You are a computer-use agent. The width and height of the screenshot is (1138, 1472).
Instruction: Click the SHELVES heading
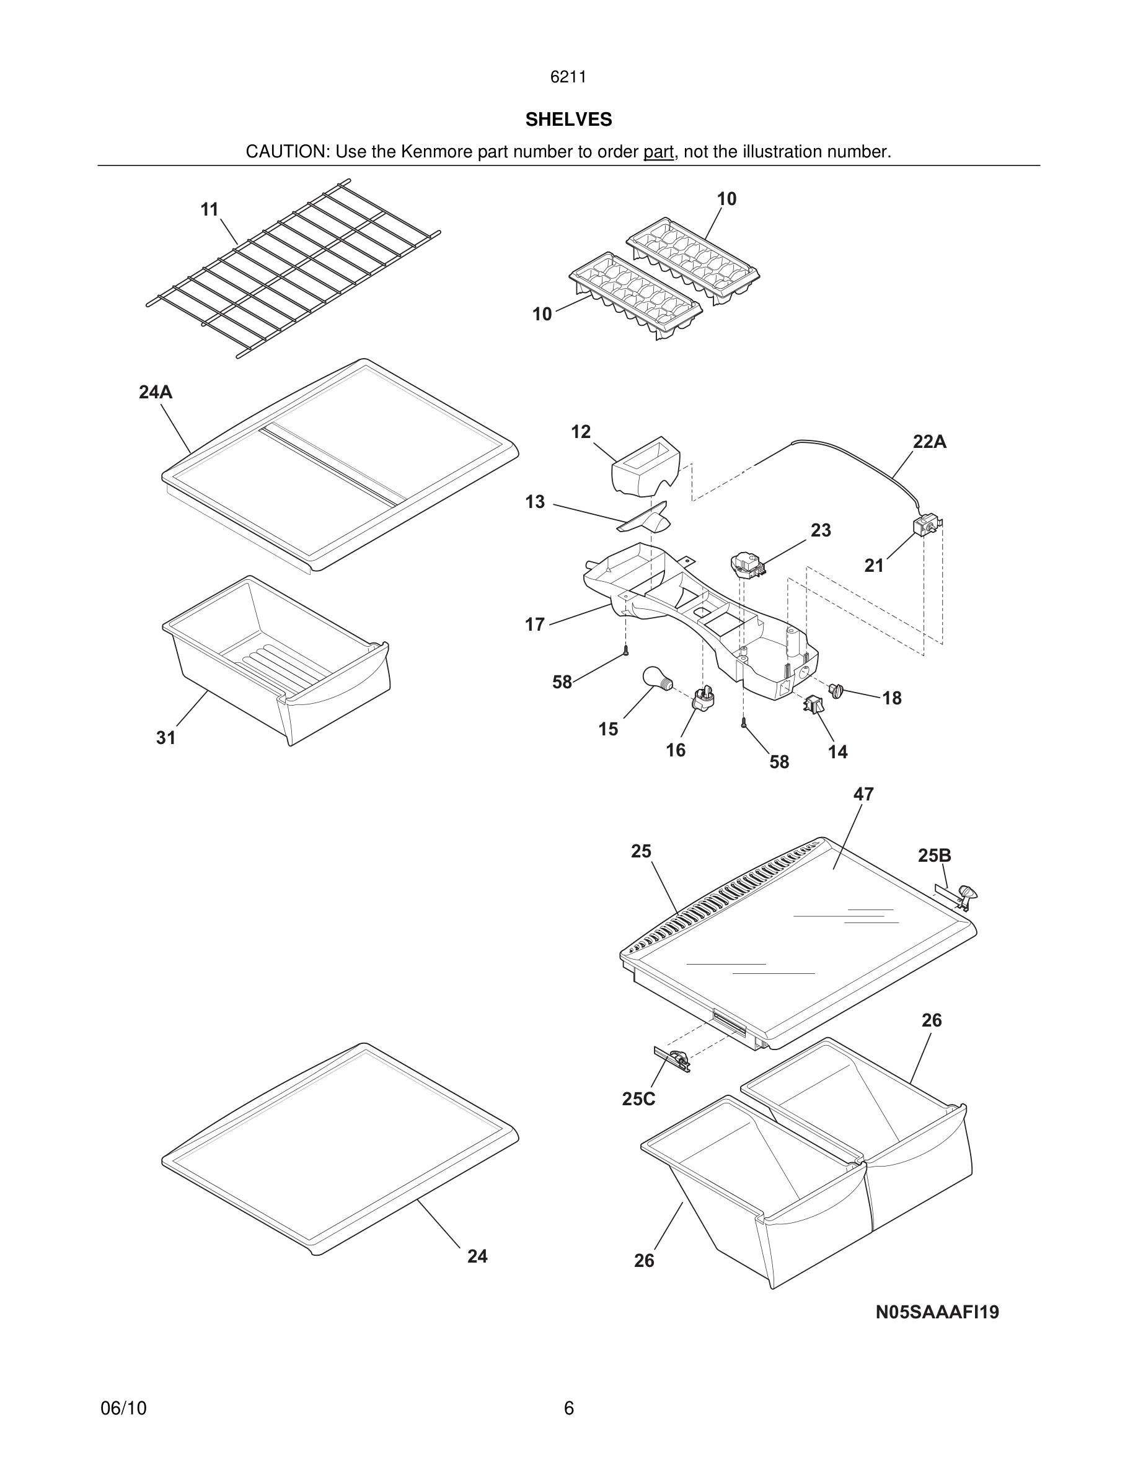[x=568, y=120]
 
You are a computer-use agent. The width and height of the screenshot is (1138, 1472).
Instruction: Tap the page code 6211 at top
[x=568, y=77]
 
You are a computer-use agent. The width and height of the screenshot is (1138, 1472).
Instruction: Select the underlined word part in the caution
[x=658, y=152]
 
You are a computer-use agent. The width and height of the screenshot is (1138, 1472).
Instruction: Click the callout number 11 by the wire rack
[x=210, y=209]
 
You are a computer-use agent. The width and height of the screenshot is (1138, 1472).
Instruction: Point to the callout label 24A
[x=156, y=392]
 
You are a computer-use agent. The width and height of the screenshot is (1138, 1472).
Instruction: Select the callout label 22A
[x=929, y=442]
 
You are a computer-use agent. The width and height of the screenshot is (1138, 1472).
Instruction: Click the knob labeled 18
[x=837, y=690]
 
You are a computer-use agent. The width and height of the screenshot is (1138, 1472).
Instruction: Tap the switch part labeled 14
[x=814, y=705]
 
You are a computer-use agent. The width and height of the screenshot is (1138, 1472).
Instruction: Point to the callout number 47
[x=863, y=794]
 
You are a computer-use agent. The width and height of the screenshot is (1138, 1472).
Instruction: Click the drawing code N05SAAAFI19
[x=937, y=1312]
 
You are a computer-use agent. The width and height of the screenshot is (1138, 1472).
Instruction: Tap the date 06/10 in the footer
[x=123, y=1408]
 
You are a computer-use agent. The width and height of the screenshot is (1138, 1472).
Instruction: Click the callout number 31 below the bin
[x=166, y=738]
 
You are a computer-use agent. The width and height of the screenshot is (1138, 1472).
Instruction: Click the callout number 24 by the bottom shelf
[x=477, y=1256]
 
